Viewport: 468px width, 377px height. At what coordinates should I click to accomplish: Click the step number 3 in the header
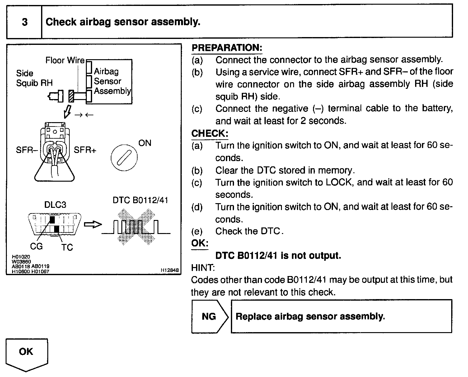point(25,22)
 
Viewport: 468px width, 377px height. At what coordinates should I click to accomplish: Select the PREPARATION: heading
point(227,48)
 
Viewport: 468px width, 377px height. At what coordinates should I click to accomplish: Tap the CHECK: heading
point(210,133)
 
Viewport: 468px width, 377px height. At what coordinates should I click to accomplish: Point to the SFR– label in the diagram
point(26,150)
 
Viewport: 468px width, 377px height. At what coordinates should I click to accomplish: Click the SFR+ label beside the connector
point(85,150)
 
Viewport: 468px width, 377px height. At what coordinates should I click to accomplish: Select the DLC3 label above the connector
point(55,205)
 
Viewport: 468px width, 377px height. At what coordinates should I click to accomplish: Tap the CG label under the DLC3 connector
point(36,246)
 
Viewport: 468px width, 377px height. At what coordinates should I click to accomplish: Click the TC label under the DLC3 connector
point(67,247)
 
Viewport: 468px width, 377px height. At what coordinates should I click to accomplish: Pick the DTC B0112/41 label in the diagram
point(140,200)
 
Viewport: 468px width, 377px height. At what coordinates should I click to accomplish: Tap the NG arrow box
point(209,317)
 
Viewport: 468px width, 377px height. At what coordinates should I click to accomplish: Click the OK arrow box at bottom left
point(26,353)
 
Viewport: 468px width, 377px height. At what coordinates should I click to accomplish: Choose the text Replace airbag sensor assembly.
point(310,317)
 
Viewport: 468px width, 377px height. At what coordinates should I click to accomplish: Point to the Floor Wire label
point(65,60)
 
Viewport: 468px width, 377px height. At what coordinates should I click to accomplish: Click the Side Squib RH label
point(34,78)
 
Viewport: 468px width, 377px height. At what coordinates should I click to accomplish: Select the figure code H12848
point(170,270)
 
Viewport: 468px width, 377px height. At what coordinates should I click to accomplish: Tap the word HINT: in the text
point(203,268)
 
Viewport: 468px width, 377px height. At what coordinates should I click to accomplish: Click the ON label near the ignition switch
point(145,143)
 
